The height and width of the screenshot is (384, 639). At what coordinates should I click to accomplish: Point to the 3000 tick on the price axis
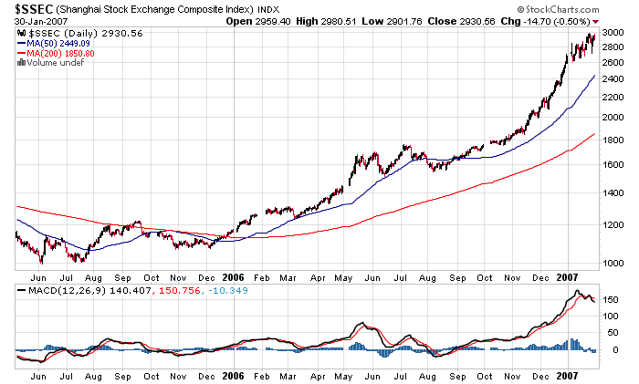pos(613,32)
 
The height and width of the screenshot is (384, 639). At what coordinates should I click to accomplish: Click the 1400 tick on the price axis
pos(613,194)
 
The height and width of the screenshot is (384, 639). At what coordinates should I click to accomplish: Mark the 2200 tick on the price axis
pos(613,98)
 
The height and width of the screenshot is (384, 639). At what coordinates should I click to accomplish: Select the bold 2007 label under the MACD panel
pos(568,375)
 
